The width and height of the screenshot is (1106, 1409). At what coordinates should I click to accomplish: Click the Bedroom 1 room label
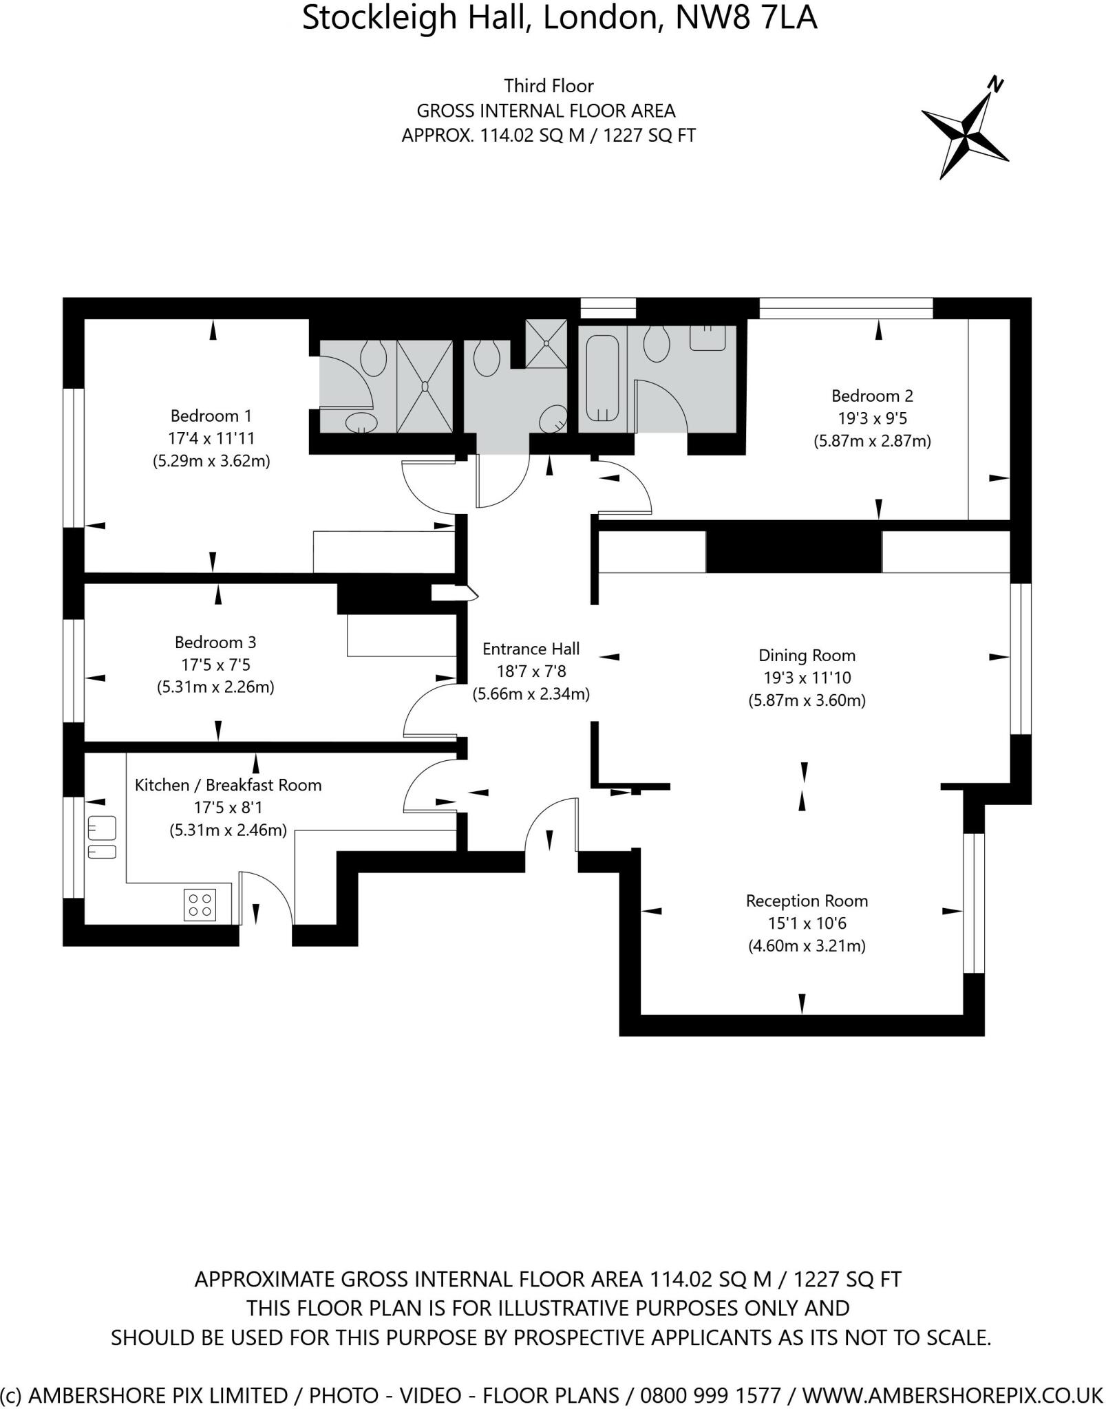211,416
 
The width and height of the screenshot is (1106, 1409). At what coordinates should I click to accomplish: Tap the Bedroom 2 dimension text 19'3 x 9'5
872,418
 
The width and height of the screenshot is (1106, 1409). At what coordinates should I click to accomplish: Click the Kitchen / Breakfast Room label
228,785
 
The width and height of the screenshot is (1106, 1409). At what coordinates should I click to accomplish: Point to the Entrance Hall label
531,649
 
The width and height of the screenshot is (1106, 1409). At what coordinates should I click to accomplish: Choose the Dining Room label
807,655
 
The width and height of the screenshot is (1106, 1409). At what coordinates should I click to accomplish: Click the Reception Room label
807,901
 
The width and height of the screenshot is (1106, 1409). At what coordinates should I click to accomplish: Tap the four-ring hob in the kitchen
200,904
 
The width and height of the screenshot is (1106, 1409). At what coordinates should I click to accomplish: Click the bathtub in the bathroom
602,379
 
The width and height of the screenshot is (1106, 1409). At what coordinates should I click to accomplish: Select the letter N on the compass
995,85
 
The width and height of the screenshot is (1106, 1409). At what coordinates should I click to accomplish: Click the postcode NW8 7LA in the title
746,17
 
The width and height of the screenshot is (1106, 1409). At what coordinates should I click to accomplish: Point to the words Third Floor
549,86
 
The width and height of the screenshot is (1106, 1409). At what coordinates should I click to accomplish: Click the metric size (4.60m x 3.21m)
807,946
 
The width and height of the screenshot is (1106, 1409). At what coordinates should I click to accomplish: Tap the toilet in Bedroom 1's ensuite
374,358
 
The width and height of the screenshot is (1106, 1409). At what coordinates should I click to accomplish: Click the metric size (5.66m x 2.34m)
531,694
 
